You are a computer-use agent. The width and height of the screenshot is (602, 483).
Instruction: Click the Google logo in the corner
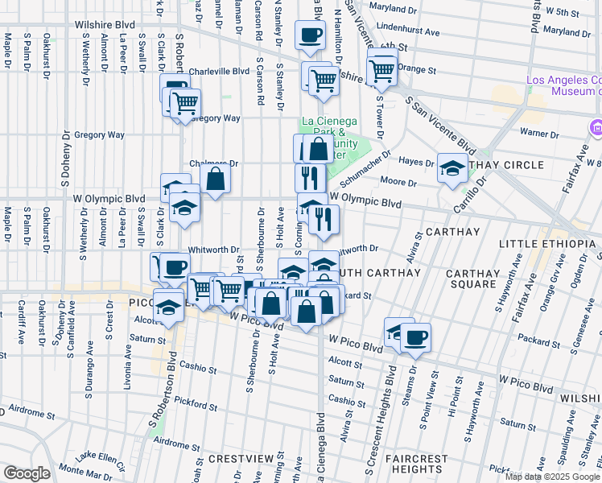pos(27,473)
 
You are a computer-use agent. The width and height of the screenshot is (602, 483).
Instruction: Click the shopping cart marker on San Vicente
pos(381,71)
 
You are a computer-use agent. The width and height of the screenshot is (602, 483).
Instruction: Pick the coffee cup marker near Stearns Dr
pos(415,338)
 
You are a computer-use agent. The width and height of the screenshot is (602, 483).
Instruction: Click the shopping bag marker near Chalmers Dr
pos(216,180)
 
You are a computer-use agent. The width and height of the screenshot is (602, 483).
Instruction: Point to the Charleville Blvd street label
pos(219,71)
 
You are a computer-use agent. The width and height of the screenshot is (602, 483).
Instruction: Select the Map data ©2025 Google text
pos(553,477)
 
